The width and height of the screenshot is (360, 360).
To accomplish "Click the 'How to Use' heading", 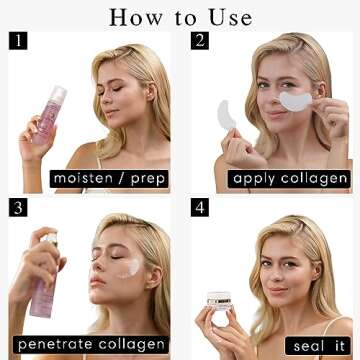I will [x=180, y=16].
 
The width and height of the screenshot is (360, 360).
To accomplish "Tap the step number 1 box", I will [x=18, y=41].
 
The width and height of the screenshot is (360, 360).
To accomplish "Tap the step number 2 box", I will [x=199, y=41].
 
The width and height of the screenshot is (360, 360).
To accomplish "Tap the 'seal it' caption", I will [x=317, y=345].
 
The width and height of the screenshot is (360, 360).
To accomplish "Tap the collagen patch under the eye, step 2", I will [x=295, y=100].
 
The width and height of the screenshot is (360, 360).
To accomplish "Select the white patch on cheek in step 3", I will [x=129, y=267].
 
